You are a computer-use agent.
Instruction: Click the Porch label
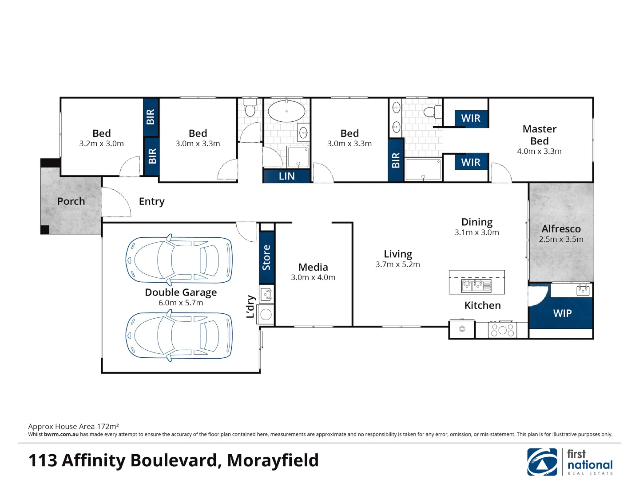point(71,201)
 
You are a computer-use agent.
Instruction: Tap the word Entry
point(151,202)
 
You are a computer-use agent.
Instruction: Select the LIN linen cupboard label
point(286,176)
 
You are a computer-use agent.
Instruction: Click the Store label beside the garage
point(266,257)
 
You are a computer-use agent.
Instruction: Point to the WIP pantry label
point(562,313)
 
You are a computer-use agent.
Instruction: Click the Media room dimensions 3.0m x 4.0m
point(313,277)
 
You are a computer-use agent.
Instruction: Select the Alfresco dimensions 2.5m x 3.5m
point(561,239)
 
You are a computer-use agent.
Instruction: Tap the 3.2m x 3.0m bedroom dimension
point(101,144)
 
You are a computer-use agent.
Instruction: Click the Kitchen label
point(482,305)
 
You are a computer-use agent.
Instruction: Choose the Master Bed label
point(539,135)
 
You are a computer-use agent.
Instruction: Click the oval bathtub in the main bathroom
point(286,111)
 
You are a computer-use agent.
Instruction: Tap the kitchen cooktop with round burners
point(502,330)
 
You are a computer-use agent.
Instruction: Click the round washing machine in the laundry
point(266,315)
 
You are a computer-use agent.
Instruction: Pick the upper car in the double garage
point(179,260)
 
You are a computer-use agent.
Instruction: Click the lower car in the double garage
point(179,336)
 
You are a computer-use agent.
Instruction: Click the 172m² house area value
point(107,426)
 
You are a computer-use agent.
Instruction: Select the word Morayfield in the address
point(273,460)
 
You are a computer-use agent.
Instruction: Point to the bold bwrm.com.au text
point(61,435)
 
